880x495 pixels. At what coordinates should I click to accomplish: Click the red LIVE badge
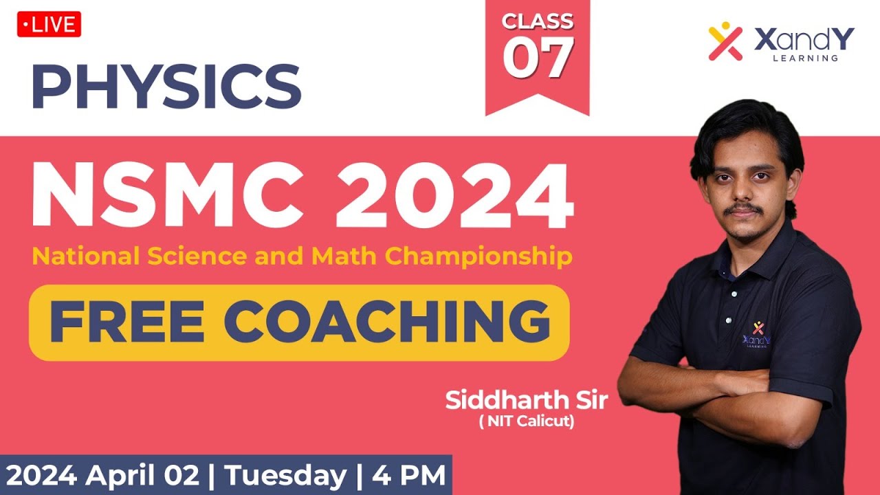[x=49, y=25]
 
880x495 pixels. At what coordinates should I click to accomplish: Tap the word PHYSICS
[x=166, y=87]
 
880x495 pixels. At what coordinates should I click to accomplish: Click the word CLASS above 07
[x=538, y=22]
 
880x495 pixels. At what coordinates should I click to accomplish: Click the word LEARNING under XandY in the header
[x=805, y=58]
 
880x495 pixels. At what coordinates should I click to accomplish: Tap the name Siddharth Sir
[x=527, y=400]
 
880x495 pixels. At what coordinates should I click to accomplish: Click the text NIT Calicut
[x=527, y=421]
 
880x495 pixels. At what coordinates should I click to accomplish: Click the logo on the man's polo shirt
[x=757, y=333]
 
